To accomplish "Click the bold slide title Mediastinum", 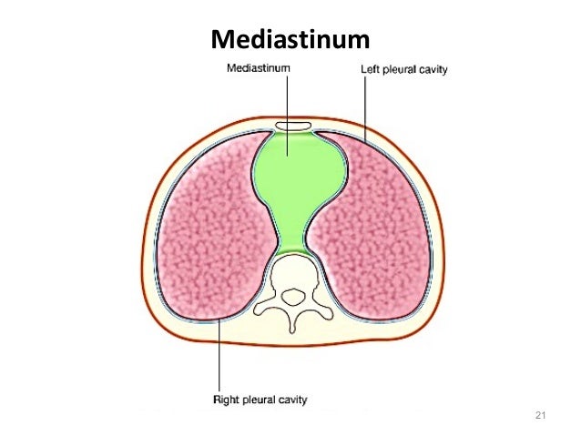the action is (290, 40).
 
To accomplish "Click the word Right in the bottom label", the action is (228, 398).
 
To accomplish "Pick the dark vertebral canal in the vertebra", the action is (291, 294).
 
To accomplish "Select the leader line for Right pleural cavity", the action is (219, 355).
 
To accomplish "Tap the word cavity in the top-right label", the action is (431, 69).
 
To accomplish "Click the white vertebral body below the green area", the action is (291, 269).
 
